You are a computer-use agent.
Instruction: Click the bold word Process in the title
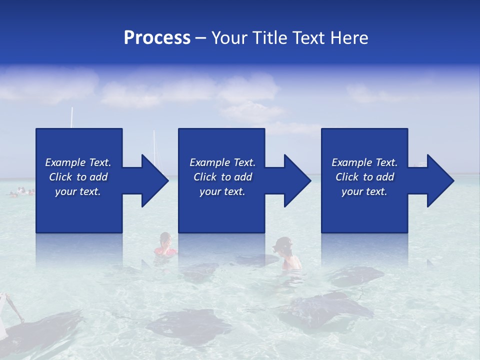157,38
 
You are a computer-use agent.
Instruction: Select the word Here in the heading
349,38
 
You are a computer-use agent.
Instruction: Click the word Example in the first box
65,162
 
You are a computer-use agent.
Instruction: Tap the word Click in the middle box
205,177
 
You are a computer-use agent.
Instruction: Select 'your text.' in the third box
364,191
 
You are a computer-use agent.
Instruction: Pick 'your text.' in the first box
78,191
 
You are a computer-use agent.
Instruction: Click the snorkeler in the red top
165,245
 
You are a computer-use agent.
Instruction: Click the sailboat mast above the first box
72,117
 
